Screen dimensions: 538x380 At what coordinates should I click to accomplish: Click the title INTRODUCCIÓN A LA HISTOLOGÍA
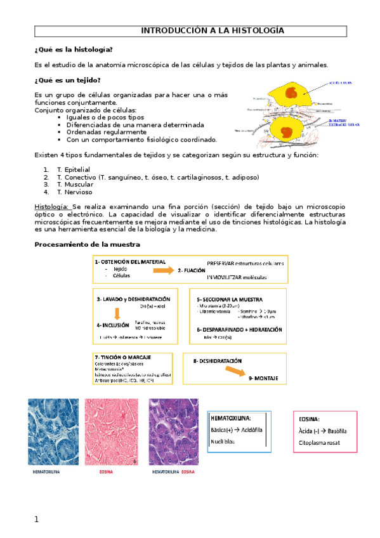(x=212, y=30)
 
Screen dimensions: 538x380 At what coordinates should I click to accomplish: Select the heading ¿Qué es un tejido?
(x=67, y=80)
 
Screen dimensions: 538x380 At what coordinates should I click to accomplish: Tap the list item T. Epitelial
(x=69, y=170)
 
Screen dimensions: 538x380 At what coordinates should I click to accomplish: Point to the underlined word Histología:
(x=53, y=207)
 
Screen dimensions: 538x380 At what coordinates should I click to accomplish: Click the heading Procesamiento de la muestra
(x=87, y=244)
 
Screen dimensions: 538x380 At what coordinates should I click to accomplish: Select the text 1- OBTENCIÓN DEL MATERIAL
(x=130, y=261)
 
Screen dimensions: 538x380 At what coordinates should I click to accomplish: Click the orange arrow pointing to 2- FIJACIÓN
(x=164, y=270)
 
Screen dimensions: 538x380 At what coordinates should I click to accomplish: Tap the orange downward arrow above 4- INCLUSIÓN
(x=117, y=313)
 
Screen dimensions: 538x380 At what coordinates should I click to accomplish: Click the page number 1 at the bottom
(x=37, y=520)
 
